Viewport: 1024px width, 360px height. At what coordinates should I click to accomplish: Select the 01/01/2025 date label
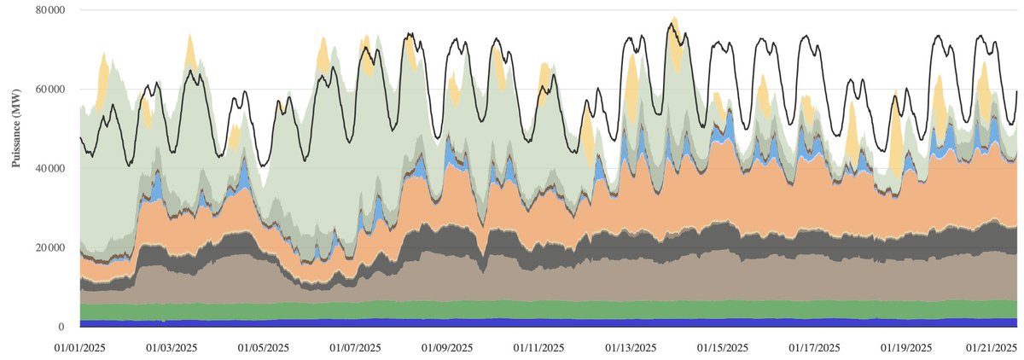point(79,348)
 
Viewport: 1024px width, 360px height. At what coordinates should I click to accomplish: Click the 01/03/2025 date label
point(171,348)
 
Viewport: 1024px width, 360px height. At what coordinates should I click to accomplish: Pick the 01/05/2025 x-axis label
point(263,348)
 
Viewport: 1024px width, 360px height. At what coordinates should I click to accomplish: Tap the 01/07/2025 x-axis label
point(355,348)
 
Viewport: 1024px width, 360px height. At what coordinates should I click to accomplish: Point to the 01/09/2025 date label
point(447,348)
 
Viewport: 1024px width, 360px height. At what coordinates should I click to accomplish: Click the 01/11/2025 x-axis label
point(539,348)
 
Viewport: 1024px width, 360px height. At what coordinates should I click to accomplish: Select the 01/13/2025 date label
point(631,348)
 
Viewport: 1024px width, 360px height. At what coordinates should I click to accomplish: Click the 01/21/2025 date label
point(990,348)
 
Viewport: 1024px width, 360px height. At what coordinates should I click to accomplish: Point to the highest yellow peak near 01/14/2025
point(674,17)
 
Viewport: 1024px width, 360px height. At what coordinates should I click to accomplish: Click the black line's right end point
point(1017,90)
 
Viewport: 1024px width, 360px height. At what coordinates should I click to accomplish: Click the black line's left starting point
point(80,137)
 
